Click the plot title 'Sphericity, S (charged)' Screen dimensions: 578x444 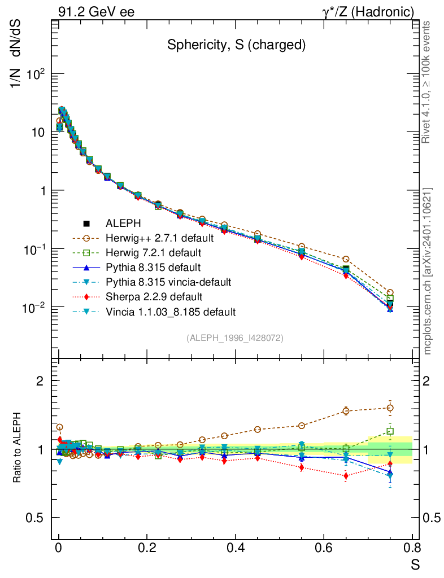pyautogui.click(x=236, y=46)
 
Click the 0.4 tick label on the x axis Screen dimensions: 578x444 pyautogui.click(x=235, y=547)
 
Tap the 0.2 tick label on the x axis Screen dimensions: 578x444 pyautogui.click(x=147, y=547)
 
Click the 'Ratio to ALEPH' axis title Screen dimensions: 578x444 pyautogui.click(x=18, y=448)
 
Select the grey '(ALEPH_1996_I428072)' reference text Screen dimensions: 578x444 pyautogui.click(x=235, y=338)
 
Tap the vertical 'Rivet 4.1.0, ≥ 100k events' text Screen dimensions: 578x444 pyautogui.click(x=426, y=82)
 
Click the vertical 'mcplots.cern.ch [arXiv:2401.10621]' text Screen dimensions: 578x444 pyautogui.click(x=428, y=272)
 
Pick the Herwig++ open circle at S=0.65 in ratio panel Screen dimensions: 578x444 pyautogui.click(x=346, y=411)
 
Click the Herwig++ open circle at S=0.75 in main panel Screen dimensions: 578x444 pyautogui.click(x=390, y=292)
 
